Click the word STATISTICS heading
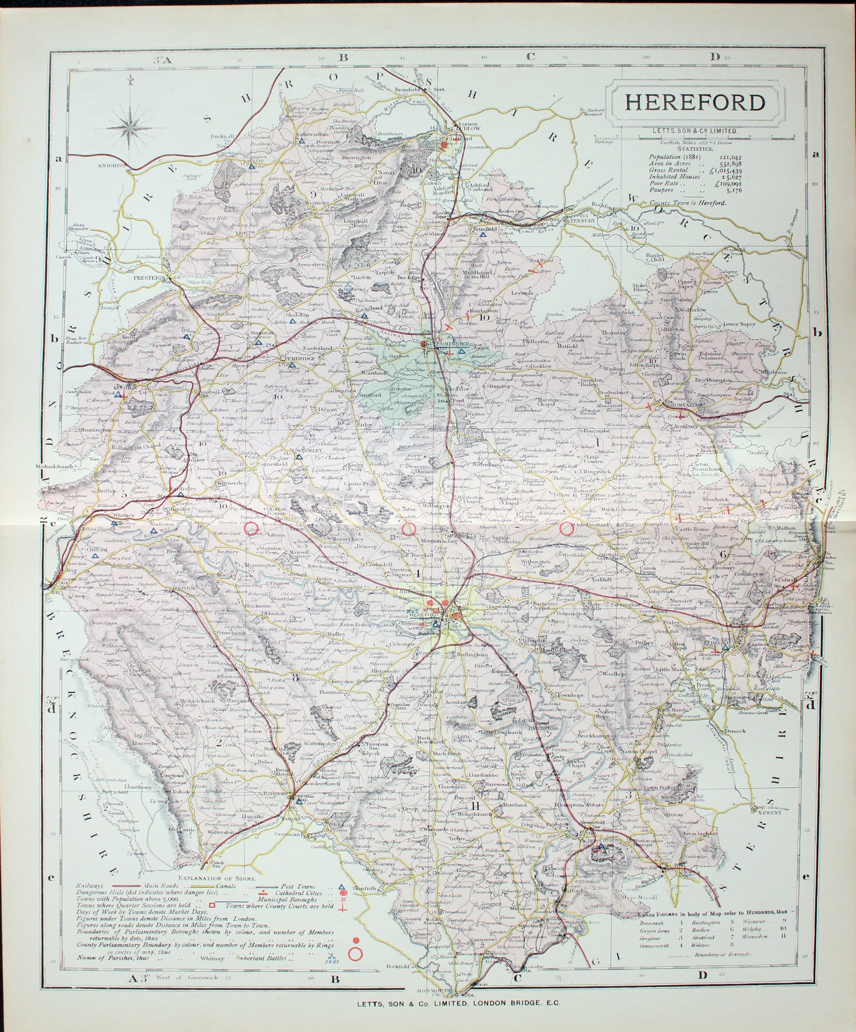click(695, 148)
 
